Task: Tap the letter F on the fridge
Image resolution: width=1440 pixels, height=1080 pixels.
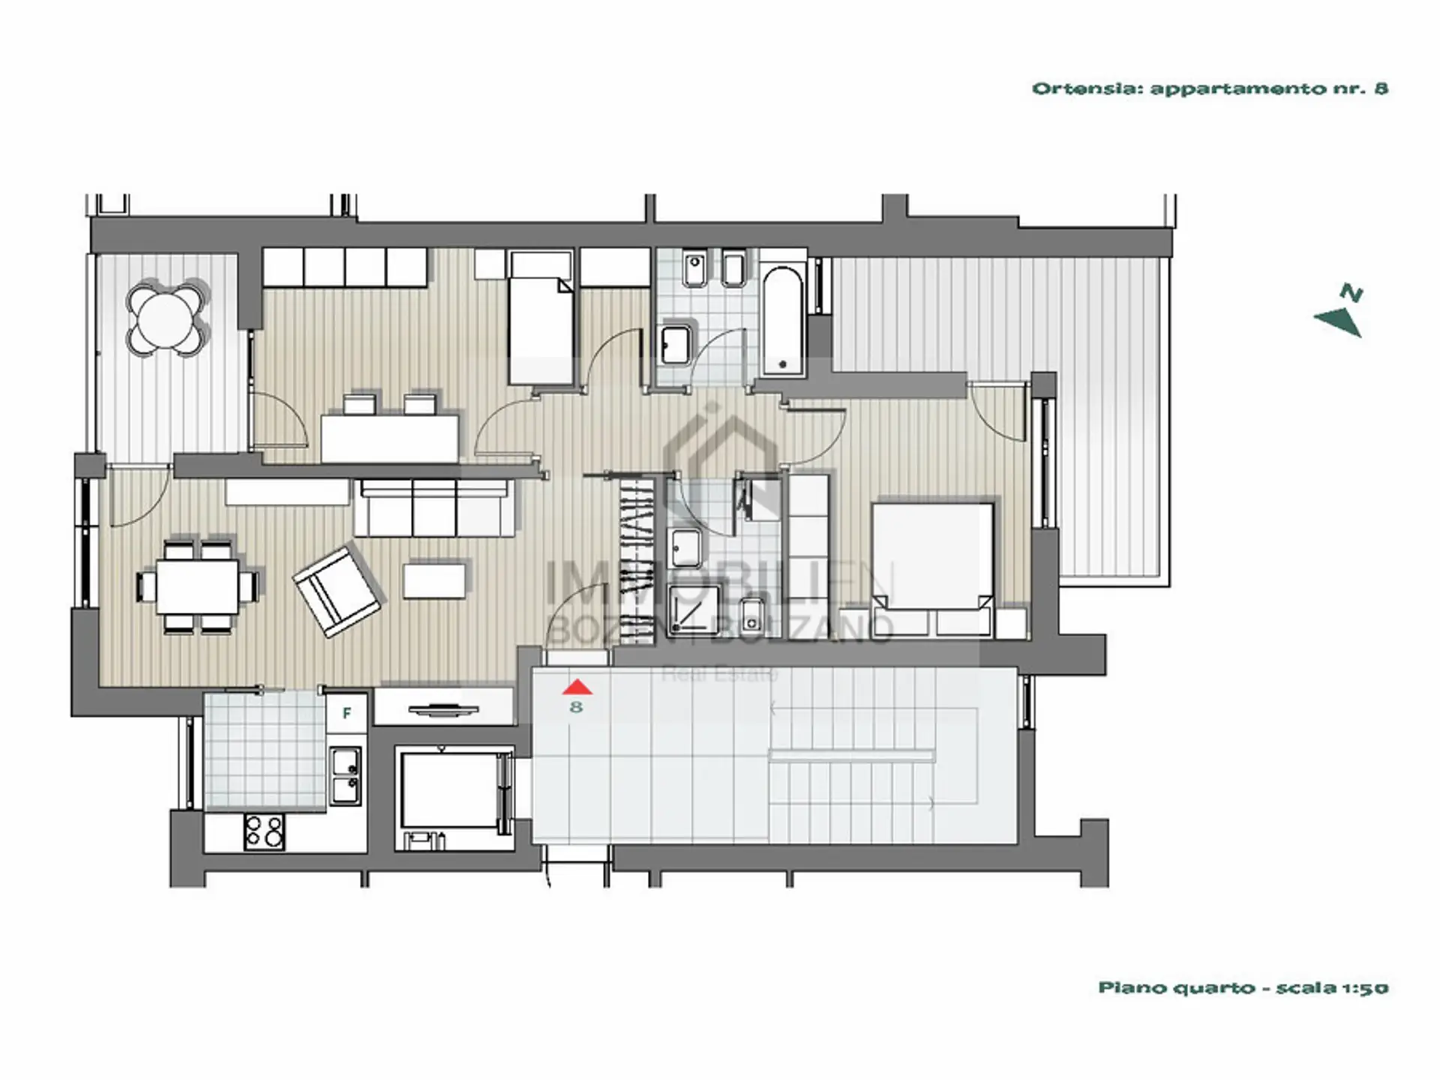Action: [x=346, y=713]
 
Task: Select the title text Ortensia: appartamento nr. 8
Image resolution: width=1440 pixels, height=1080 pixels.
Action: [x=1210, y=88]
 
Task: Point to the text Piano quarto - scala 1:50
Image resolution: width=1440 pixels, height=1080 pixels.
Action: [x=1243, y=988]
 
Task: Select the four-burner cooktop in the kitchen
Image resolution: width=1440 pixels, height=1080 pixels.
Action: [x=264, y=832]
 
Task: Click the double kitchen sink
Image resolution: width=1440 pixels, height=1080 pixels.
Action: [x=346, y=775]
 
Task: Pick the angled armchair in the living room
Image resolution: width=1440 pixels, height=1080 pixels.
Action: [x=336, y=591]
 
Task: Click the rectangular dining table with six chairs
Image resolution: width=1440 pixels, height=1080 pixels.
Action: [x=198, y=585]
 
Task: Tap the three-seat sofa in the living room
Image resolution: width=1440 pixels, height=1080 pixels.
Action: [x=434, y=508]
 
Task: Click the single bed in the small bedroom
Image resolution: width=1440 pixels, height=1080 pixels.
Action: [x=541, y=318]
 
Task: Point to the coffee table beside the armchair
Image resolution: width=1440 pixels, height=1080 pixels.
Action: [x=434, y=580]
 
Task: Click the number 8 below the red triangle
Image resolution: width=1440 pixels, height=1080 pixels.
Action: [x=576, y=706]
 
